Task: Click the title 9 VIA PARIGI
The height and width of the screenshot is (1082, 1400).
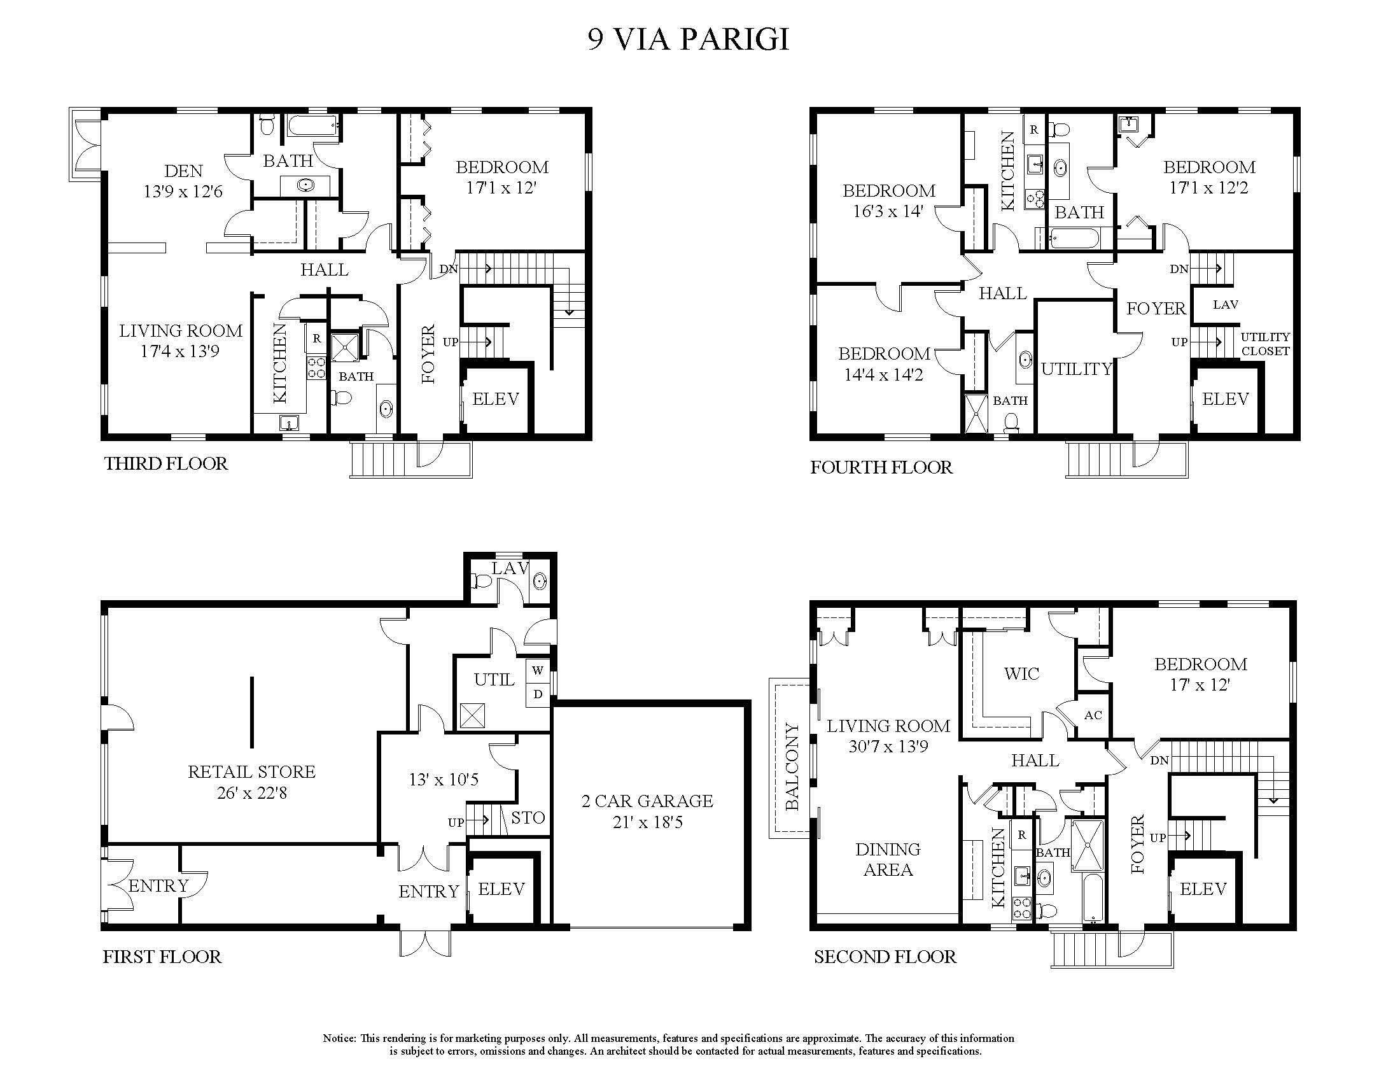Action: (688, 39)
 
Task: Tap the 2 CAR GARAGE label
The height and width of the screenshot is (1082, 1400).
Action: (647, 801)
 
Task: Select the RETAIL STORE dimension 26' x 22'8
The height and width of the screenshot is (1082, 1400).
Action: (251, 793)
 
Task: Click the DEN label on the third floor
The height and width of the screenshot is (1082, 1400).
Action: (183, 171)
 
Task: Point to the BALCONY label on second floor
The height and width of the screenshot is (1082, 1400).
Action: (792, 767)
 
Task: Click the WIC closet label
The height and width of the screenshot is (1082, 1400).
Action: (1021, 673)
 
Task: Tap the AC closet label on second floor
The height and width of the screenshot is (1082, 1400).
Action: (1093, 715)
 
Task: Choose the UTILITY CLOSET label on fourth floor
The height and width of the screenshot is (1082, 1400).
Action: (1264, 344)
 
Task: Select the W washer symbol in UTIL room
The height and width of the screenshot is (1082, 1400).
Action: (538, 670)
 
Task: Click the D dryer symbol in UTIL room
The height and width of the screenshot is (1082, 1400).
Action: (538, 694)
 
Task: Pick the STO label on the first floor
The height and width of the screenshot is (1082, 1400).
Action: (528, 817)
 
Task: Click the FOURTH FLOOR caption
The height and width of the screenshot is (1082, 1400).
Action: (881, 467)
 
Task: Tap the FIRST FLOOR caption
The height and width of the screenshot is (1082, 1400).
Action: (162, 957)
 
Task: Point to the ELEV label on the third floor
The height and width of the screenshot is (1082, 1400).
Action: (495, 399)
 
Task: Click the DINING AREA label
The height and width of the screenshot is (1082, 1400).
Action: (888, 859)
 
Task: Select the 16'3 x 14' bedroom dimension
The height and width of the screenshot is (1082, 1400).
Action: (887, 211)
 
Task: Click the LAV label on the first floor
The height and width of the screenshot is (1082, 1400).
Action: (510, 568)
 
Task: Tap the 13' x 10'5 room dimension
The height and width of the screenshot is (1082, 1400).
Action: (444, 780)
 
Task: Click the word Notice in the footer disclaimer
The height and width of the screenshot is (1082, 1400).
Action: (339, 1038)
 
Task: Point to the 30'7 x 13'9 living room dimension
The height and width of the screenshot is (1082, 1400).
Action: (888, 746)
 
